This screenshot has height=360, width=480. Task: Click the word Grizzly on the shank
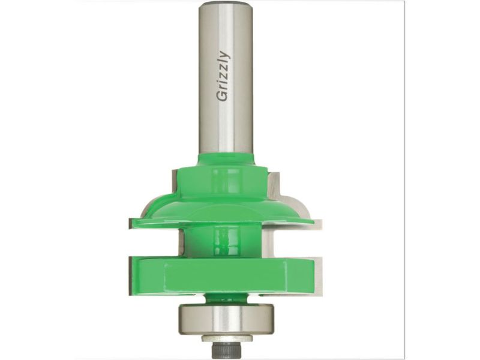click(x=223, y=76)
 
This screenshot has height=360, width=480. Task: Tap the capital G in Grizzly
click(x=222, y=95)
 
